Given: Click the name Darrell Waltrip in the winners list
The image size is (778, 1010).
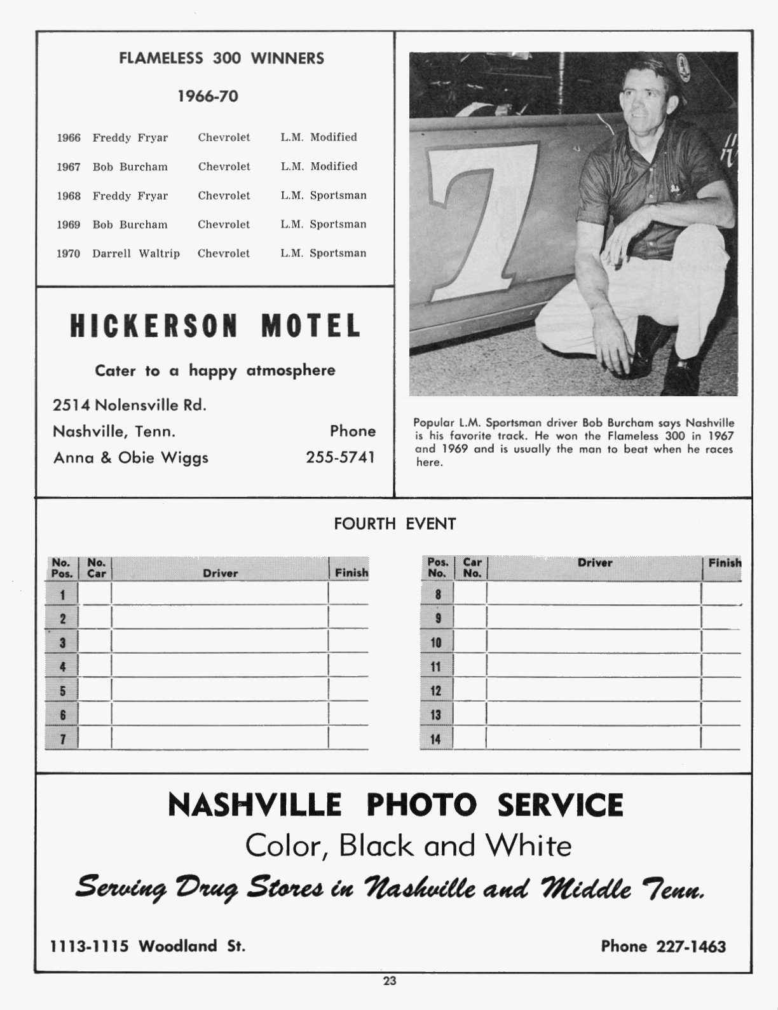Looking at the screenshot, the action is [136, 253].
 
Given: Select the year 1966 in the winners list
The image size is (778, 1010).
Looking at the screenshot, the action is [69, 138].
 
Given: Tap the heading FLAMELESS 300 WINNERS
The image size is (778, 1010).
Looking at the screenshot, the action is [221, 59].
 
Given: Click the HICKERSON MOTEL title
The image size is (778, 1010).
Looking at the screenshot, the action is [215, 326].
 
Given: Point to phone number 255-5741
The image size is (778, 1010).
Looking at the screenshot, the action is [341, 457].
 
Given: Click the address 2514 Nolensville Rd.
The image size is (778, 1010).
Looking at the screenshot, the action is [130, 405].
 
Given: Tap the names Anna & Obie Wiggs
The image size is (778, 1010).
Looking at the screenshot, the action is [131, 457].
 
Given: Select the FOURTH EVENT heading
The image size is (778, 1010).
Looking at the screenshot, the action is [395, 524].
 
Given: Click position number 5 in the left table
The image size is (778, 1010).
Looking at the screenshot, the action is [62, 691].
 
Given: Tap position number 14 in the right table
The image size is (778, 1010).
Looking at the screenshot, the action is [435, 739].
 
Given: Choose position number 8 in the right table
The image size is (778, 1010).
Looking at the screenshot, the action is [438, 595].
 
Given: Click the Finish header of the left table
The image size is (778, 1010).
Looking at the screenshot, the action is [351, 572].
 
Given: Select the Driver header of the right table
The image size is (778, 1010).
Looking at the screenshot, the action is [595, 563].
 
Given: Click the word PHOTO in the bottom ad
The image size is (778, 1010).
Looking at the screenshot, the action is [422, 805].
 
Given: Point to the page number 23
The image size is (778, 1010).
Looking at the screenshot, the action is [390, 981].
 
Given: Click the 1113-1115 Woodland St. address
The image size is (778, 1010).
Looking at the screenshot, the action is [148, 946].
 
